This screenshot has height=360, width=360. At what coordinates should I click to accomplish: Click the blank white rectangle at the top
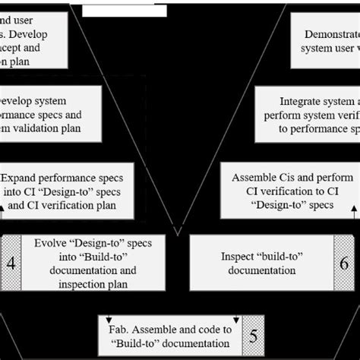(x=124, y=11)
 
